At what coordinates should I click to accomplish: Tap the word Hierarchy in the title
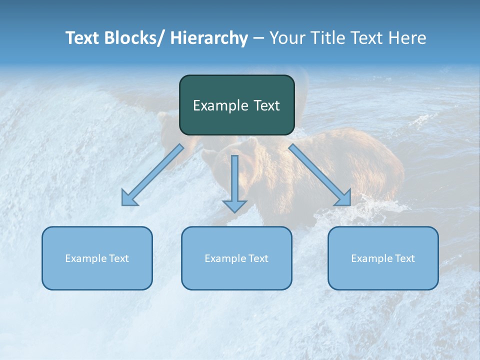(208, 38)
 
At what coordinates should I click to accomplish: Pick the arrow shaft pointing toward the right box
(315, 170)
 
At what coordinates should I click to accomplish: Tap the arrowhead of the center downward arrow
(234, 205)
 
